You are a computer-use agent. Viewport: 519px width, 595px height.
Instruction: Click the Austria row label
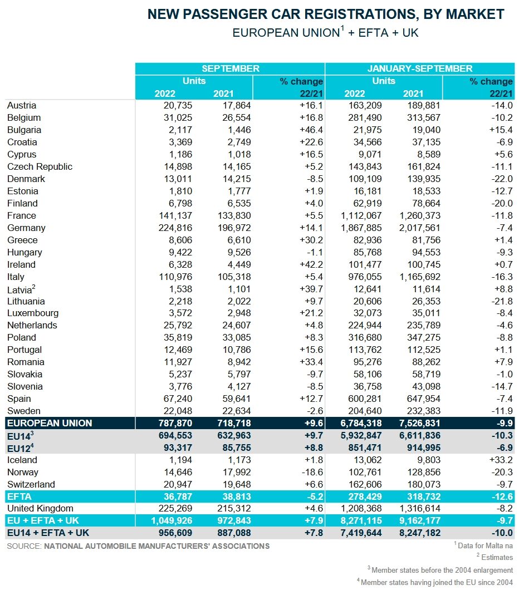[22, 106]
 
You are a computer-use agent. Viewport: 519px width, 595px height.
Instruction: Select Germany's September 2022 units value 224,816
[175, 228]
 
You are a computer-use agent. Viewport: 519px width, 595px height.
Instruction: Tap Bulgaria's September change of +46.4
[311, 130]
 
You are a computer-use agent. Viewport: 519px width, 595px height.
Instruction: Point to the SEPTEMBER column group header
[231, 68]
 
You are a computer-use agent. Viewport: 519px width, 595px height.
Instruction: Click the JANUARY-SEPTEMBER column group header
[420, 68]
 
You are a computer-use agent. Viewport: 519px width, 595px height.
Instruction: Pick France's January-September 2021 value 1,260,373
[420, 216]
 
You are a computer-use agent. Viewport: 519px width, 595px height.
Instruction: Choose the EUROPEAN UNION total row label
[50, 423]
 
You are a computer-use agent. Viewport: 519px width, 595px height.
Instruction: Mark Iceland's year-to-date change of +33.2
[501, 460]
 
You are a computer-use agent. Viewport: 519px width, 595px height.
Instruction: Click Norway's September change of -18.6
[312, 472]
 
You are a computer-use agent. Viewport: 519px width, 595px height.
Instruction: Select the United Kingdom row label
[40, 509]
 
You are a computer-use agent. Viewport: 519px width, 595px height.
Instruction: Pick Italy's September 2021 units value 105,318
[234, 277]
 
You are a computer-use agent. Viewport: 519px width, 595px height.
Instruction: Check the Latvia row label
[21, 289]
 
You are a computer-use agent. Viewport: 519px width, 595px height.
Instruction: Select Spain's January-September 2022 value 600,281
[365, 399]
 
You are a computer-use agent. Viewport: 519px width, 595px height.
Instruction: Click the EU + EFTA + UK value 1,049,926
[172, 520]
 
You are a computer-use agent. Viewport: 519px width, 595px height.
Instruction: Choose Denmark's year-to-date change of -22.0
[502, 179]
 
